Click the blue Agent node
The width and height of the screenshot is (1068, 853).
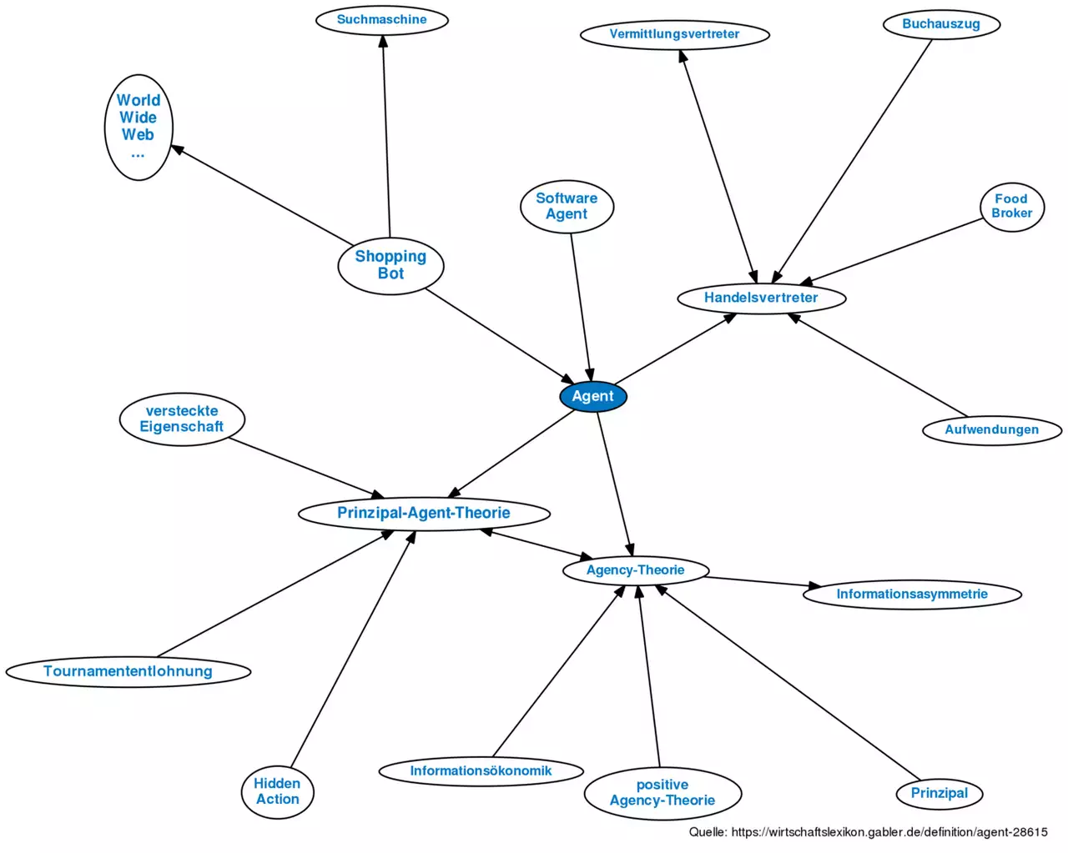(592, 396)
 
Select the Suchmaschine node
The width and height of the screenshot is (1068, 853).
(382, 20)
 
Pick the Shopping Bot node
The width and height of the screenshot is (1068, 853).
(390, 265)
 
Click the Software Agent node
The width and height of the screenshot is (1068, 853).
(567, 206)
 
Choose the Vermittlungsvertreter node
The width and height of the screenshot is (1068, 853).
(674, 34)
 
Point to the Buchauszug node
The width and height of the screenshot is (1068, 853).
(940, 24)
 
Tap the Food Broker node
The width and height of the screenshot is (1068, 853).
(1011, 206)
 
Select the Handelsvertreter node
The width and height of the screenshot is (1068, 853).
(761, 298)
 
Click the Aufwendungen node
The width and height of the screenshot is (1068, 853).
(991, 430)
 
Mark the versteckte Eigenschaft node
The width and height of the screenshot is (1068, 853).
(182, 419)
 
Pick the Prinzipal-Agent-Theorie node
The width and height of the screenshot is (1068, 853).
(424, 513)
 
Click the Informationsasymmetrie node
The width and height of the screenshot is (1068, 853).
(912, 595)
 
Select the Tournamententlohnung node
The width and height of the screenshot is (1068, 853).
(128, 671)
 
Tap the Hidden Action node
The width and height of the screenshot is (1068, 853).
(277, 791)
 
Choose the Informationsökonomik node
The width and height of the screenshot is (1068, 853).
(481, 770)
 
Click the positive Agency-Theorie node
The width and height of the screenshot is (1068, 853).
(662, 792)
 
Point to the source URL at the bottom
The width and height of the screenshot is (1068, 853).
(868, 832)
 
